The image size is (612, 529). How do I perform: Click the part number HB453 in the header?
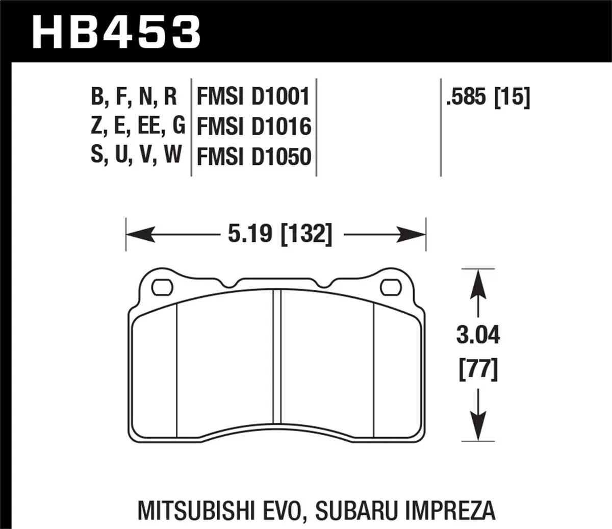coord(117,31)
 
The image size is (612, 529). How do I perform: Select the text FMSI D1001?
coord(253,96)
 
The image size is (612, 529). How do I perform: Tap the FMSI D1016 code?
coord(253,127)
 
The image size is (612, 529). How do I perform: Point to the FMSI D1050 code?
coord(253,157)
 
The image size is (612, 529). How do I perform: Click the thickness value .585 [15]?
coord(488,96)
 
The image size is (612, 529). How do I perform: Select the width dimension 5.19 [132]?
coord(279,234)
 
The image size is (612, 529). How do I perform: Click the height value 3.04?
coord(478,336)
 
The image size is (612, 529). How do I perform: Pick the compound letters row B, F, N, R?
coord(134,96)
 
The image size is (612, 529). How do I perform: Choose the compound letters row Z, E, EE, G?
coord(138,126)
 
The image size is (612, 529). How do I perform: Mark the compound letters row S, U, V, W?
coord(136,155)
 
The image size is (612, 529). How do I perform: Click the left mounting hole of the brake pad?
coord(162,288)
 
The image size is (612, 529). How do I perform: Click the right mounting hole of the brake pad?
coord(391,288)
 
